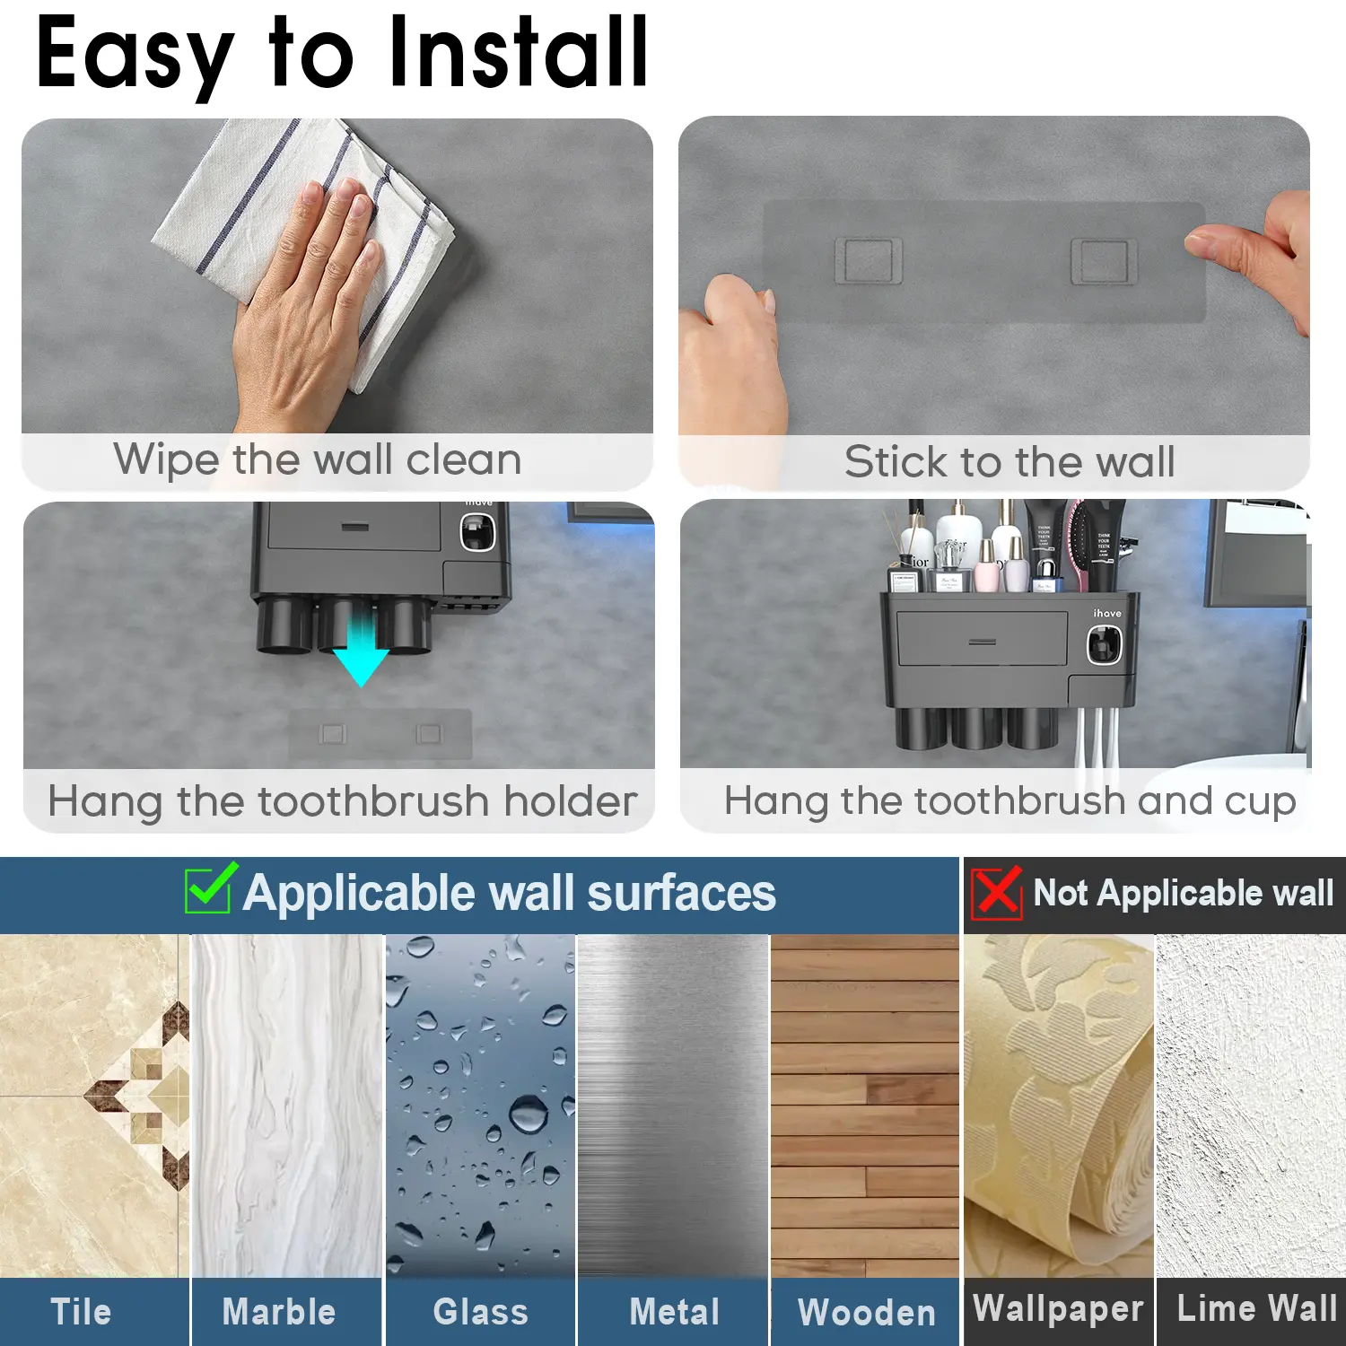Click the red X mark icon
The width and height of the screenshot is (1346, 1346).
(x=997, y=893)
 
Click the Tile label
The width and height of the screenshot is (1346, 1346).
(x=82, y=1312)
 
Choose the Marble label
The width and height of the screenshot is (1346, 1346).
(x=279, y=1312)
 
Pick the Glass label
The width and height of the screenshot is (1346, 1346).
(x=481, y=1312)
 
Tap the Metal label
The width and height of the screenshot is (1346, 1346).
(x=675, y=1312)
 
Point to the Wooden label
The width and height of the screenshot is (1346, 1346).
(x=867, y=1313)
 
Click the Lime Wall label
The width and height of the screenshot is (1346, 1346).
(x=1257, y=1308)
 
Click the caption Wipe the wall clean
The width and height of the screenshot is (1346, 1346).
(x=318, y=460)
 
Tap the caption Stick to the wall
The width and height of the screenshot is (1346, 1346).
(x=1009, y=462)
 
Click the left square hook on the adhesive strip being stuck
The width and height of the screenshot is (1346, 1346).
(x=869, y=261)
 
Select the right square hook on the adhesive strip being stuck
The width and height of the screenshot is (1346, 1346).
(x=1105, y=261)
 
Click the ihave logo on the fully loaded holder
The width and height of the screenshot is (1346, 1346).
(x=1107, y=613)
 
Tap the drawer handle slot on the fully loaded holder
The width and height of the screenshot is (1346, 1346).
(x=983, y=642)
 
